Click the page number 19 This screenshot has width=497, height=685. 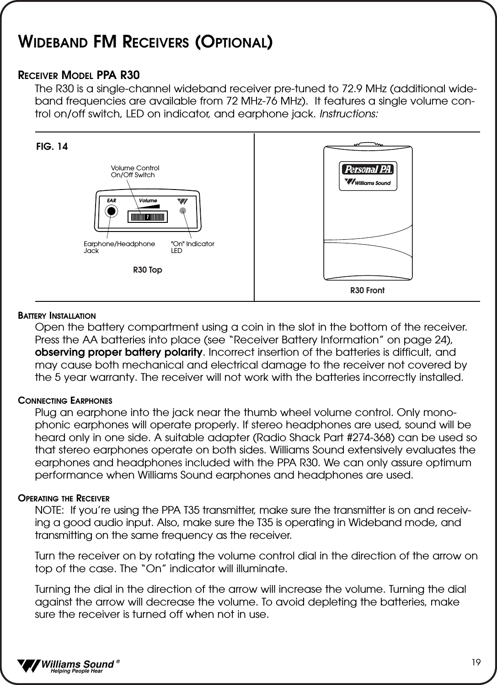click(x=476, y=662)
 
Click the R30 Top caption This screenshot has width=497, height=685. click(x=147, y=270)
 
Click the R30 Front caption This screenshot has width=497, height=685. click(x=367, y=290)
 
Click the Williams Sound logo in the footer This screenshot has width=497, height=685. click(x=69, y=666)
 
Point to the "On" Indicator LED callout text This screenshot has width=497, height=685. click(x=192, y=247)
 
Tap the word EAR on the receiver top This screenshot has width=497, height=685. click(x=112, y=200)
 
